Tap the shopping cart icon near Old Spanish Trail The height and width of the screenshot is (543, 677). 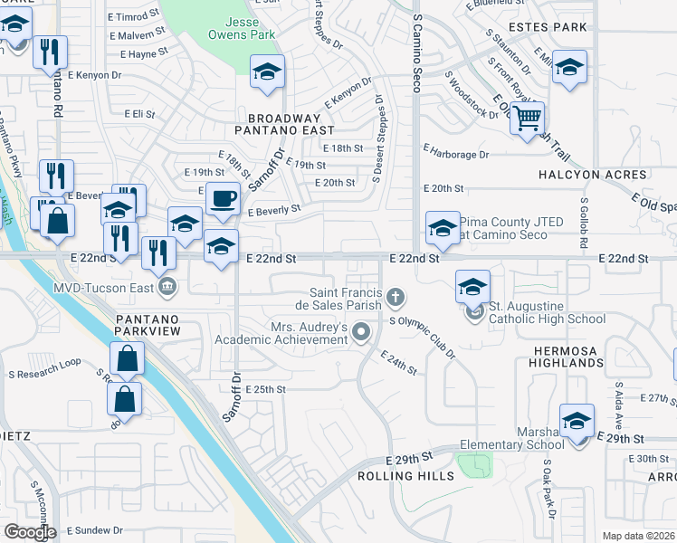click(527, 117)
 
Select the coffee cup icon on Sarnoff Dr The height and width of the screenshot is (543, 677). click(222, 197)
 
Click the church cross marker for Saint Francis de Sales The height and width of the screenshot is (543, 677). click(395, 297)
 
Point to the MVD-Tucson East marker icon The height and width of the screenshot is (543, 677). click(167, 289)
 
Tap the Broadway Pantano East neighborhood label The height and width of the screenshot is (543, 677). click(285, 124)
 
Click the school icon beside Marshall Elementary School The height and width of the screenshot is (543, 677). click(577, 421)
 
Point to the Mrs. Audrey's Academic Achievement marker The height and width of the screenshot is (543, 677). click(362, 333)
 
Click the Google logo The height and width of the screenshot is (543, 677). click(29, 531)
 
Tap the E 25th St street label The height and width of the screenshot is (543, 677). click(266, 389)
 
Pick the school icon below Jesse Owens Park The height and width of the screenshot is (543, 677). click(267, 71)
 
